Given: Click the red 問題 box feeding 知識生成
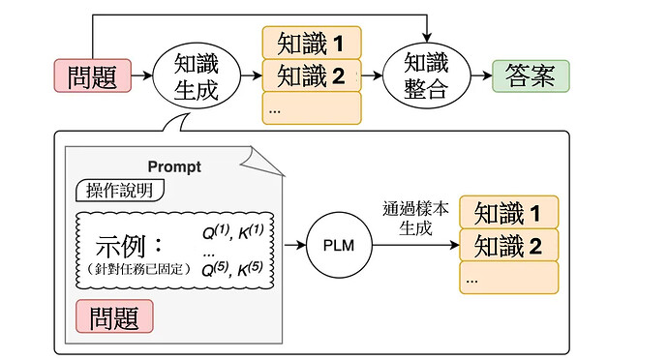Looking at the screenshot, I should click(91, 75).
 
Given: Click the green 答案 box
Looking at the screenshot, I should click(530, 75).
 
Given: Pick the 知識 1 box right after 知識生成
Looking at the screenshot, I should click(311, 43).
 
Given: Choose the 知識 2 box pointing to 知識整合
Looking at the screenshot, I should click(311, 75).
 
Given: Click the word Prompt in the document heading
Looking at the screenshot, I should click(174, 166).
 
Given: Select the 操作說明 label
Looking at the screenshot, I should click(118, 189).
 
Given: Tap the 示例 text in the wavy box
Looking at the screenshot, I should click(132, 242).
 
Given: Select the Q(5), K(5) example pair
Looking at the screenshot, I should click(238, 268).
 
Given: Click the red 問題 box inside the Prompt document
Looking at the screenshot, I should click(114, 315).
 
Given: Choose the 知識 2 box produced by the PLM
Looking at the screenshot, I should click(508, 245).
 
